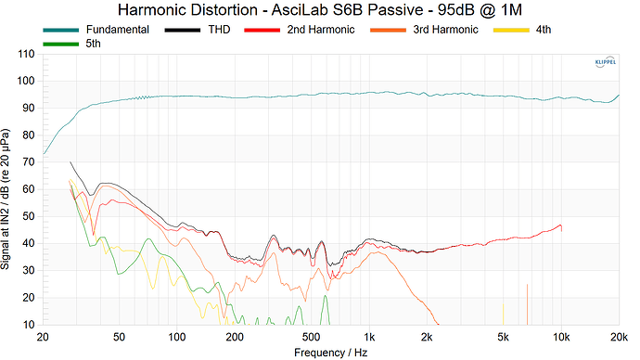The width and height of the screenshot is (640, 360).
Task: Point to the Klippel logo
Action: point(603,63)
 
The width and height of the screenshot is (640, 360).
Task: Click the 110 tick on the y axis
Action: point(26,54)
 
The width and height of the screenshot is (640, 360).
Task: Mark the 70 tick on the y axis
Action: point(29,162)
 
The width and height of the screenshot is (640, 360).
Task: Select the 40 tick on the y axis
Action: point(29,244)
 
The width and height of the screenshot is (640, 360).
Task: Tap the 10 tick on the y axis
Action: point(29,325)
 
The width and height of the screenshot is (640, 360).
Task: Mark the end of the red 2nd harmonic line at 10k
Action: point(561,225)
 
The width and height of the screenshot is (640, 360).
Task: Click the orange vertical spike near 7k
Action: point(527,306)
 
